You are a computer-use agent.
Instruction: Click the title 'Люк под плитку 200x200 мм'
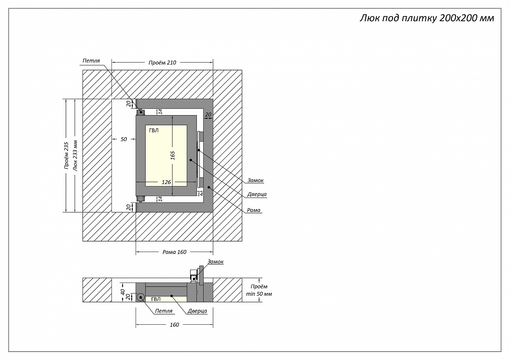tap(427, 18)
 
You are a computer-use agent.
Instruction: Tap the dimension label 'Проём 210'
tap(163, 62)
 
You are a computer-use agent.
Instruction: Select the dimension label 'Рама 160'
tap(174, 252)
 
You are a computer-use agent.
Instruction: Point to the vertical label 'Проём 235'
tap(66, 156)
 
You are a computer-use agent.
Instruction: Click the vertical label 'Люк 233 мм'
tap(75, 156)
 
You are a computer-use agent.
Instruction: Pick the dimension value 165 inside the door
tap(173, 155)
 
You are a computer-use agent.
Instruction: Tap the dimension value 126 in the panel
tap(166, 182)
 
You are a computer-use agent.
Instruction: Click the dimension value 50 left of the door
tap(124, 139)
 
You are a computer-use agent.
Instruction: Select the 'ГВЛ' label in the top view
tap(154, 130)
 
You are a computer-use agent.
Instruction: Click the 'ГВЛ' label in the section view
tap(156, 299)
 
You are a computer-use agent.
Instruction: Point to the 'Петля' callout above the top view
tap(91, 61)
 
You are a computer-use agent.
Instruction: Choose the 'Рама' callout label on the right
tap(254, 210)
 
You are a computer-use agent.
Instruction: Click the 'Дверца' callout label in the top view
tap(257, 195)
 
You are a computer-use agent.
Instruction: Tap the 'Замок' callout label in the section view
tap(216, 262)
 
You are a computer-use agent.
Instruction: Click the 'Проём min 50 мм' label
tap(259, 290)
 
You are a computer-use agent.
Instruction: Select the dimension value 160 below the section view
tap(174, 325)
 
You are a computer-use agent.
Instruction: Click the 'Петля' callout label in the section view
tap(164, 311)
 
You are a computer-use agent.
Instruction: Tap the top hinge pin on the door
tap(140, 112)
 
